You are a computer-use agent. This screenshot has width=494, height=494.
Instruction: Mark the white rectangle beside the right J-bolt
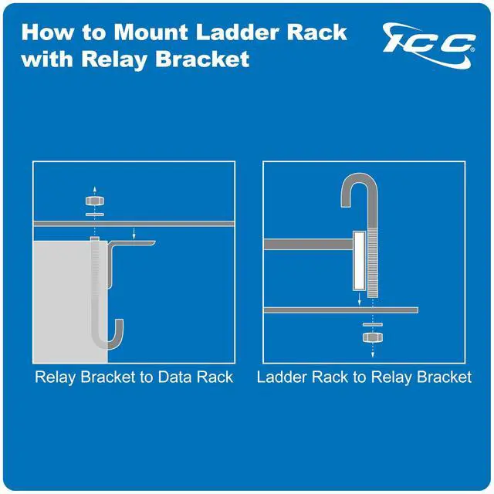pos(360,259)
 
